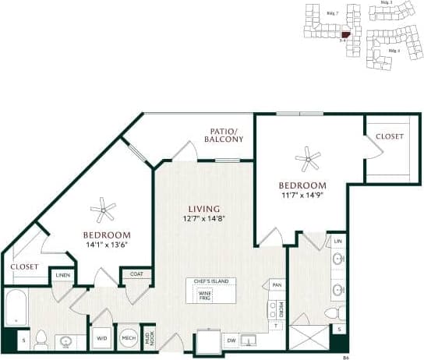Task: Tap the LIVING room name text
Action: pyautogui.click(x=203, y=209)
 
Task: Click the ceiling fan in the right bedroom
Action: pyautogui.click(x=308, y=161)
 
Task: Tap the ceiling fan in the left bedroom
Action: pyautogui.click(x=102, y=208)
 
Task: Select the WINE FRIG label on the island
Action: pyautogui.click(x=205, y=295)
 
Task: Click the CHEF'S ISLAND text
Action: pyautogui.click(x=205, y=281)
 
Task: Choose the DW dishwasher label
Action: pyautogui.click(x=231, y=340)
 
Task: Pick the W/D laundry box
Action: pyautogui.click(x=102, y=339)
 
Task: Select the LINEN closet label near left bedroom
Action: pyautogui.click(x=61, y=274)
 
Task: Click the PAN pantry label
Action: pyautogui.click(x=276, y=286)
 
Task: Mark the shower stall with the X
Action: pyautogui.click(x=310, y=337)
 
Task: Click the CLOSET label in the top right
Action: pyautogui.click(x=390, y=136)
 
